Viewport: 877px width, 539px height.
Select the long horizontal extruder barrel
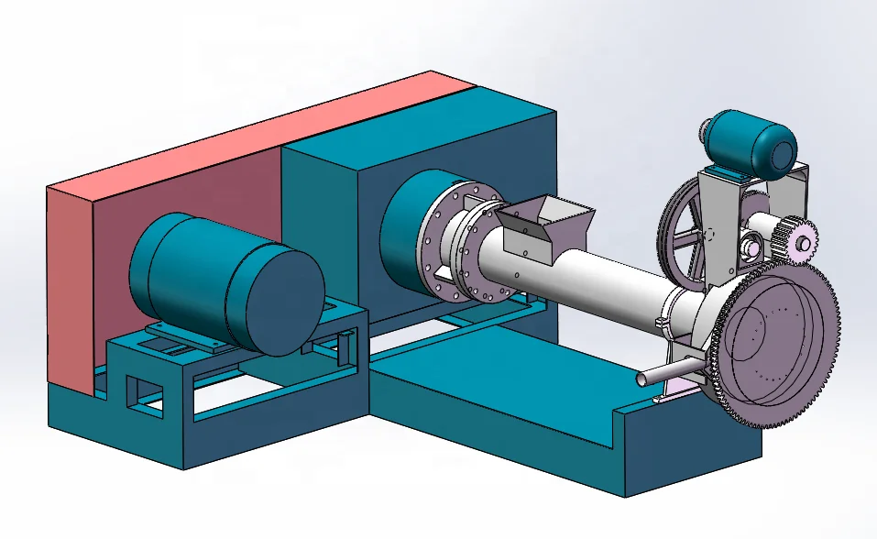coord(586,275)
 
